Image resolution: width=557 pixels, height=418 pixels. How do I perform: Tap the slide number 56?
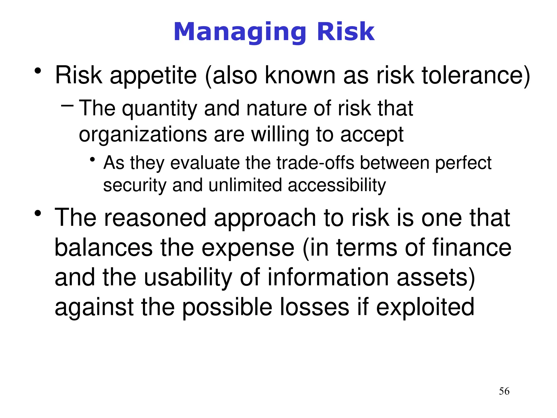(x=504, y=391)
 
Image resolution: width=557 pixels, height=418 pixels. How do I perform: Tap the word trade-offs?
(x=315, y=163)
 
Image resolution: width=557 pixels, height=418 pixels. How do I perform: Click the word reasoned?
(x=155, y=218)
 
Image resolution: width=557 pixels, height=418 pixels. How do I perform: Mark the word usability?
(x=188, y=278)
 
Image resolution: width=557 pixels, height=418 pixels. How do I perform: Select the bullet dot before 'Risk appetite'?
(x=38, y=71)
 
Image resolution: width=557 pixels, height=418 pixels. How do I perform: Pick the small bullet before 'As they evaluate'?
(x=92, y=160)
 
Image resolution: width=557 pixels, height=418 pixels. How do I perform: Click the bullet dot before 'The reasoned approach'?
(x=38, y=213)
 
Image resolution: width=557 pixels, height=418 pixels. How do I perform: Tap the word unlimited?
(x=245, y=186)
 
